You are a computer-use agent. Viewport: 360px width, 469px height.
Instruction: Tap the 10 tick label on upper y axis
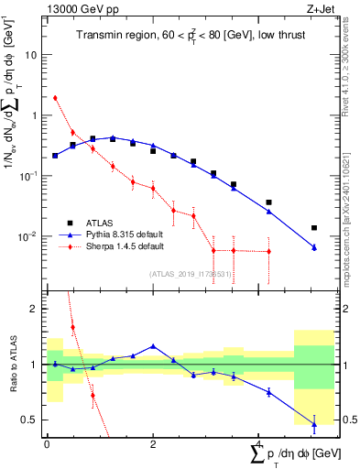[32, 55]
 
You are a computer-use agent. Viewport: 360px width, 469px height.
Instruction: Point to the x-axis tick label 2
[153, 445]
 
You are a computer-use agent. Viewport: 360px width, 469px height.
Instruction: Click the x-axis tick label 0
[47, 445]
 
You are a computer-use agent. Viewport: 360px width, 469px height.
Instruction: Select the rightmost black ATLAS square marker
[313, 227]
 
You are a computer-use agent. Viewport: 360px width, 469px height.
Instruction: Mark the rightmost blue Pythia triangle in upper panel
[313, 247]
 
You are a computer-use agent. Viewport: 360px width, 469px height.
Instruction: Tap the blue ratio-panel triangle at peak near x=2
[153, 346]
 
